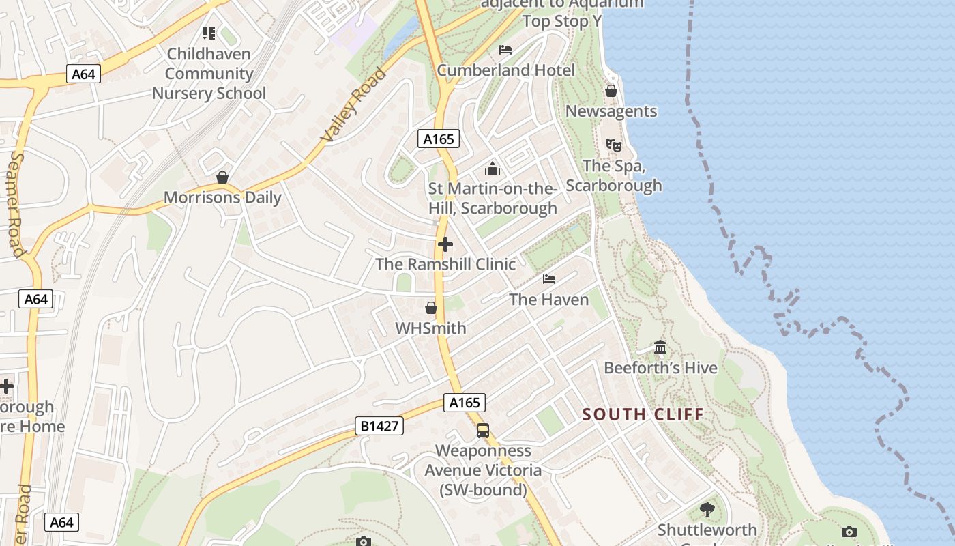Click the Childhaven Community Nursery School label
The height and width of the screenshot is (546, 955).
(209, 73)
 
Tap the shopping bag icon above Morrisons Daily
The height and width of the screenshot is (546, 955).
(222, 177)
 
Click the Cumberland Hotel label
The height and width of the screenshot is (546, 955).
(505, 70)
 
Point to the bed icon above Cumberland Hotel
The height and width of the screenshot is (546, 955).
(505, 49)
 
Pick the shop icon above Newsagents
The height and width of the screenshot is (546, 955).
(611, 91)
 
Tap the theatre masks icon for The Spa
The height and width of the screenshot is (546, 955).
(614, 145)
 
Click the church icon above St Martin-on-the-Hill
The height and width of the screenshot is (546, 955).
(493, 169)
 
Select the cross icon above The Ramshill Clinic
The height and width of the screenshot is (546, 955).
(445, 244)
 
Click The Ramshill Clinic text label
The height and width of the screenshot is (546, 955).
(445, 264)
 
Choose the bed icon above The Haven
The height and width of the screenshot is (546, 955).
(549, 278)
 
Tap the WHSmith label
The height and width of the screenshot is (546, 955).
(431, 328)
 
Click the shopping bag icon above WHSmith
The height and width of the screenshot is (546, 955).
(431, 308)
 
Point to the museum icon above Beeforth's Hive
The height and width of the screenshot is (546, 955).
(660, 347)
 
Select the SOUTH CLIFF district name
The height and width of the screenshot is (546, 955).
(643, 414)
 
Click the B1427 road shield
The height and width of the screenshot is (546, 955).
(379, 427)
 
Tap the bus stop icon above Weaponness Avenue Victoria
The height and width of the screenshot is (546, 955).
(483, 431)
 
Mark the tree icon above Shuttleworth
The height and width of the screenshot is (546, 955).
(707, 509)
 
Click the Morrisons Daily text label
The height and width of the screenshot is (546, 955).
(222, 198)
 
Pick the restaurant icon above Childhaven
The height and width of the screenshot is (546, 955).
(209, 33)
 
